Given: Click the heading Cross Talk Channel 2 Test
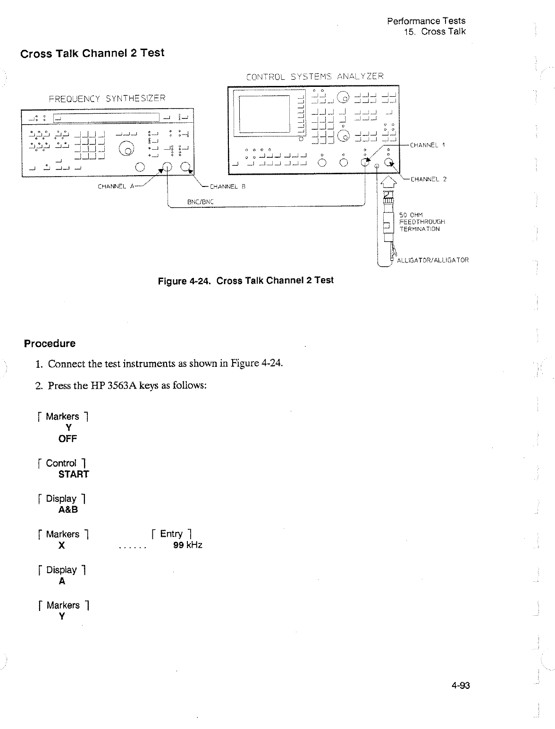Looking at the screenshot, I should [92, 53].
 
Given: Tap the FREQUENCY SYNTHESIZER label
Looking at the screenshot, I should [108, 99].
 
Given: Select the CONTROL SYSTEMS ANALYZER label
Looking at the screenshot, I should [315, 76].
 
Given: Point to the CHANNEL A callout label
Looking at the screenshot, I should [115, 186].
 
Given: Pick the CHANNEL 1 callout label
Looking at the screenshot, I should [428, 145].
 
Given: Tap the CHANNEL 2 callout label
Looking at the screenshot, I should [429, 179].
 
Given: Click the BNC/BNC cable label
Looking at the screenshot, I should [201, 202].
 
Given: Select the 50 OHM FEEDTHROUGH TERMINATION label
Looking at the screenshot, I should [422, 222].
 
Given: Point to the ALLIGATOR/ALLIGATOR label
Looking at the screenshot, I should [433, 260].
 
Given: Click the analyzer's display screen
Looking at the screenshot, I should [264, 113].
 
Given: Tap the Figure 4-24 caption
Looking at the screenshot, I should [245, 281].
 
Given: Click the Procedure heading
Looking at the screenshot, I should [50, 343].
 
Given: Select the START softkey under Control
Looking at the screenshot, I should [74, 475].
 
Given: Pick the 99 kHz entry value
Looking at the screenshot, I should [188, 545].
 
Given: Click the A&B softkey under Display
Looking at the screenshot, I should [68, 510].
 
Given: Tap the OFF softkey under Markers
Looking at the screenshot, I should [67, 439].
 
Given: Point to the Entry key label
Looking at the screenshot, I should [171, 534].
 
